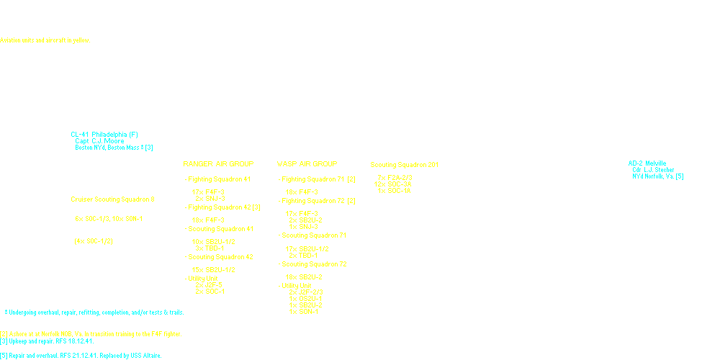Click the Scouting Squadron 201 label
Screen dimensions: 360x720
(408, 164)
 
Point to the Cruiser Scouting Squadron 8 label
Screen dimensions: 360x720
(112, 199)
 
